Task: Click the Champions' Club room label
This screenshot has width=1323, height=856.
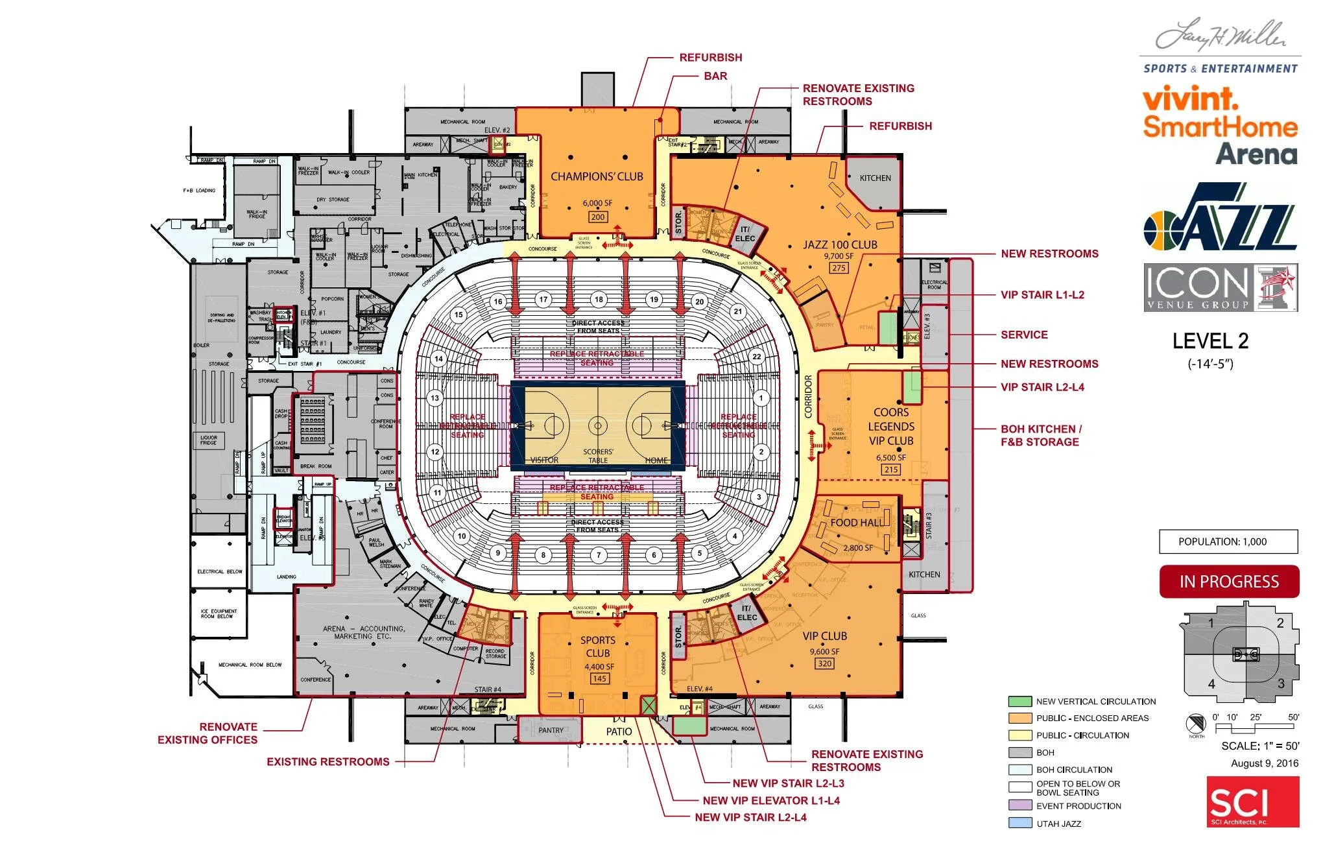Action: point(597,176)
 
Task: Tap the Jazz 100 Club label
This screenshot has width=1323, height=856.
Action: point(840,244)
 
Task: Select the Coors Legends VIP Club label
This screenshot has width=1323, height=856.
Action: point(891,427)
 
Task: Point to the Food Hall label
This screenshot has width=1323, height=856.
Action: point(856,523)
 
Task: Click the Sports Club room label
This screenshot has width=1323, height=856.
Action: point(598,647)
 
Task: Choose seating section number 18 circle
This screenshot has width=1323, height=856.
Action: point(599,300)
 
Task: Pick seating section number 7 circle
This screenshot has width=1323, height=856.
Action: point(599,554)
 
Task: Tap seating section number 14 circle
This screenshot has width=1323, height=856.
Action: point(439,359)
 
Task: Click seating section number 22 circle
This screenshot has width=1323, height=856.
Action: point(756,357)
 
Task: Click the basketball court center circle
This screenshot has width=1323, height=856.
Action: point(597,426)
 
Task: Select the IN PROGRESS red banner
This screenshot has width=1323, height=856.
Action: point(1229,582)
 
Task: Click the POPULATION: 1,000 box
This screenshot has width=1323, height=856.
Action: point(1228,541)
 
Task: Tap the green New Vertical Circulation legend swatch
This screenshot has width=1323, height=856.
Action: point(1019,701)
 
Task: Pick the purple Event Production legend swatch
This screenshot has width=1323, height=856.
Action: point(1019,805)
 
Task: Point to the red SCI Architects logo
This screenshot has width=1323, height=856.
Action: point(1253,802)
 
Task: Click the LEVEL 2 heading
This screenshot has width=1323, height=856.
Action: point(1210,341)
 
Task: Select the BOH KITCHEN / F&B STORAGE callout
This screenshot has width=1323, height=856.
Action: point(1040,435)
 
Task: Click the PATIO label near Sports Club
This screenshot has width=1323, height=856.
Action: point(619,731)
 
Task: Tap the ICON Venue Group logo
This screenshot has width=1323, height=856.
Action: point(1220,288)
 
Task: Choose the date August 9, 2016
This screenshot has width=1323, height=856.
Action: point(1264,763)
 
